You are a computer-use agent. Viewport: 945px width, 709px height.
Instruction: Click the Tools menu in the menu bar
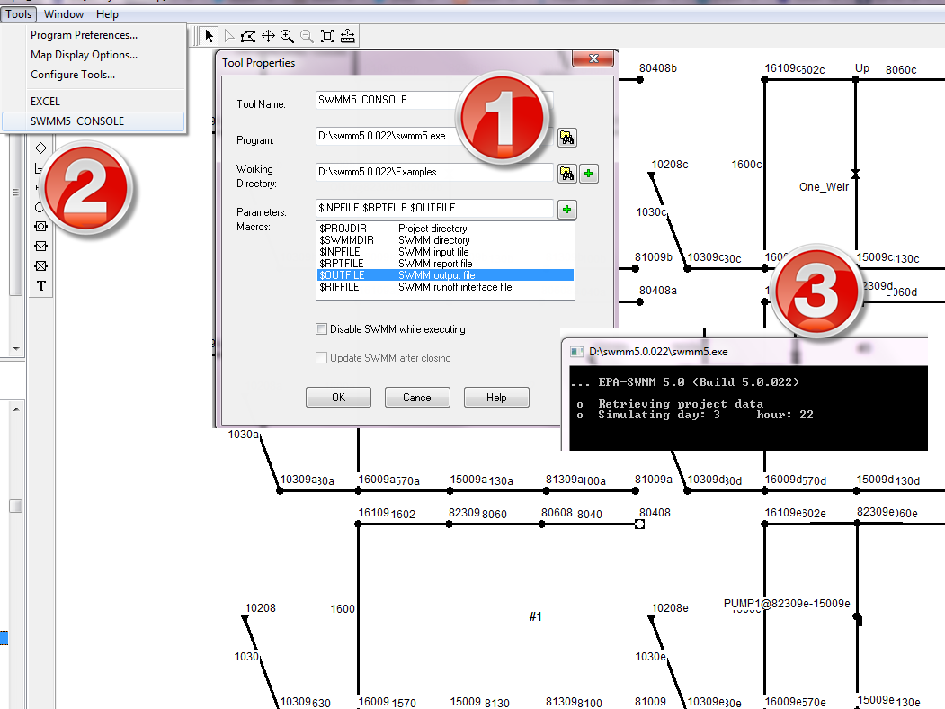[x=19, y=14]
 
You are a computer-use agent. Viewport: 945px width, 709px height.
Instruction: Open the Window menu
[x=63, y=14]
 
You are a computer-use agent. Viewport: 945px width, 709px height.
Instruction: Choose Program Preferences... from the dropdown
[x=84, y=35]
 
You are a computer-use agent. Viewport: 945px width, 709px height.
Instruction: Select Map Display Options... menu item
[x=84, y=55]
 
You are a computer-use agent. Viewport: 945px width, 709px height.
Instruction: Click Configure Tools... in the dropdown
[x=73, y=75]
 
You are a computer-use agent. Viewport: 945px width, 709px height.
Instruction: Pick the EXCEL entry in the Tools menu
[x=45, y=102]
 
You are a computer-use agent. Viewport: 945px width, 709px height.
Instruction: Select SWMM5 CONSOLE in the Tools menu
[x=77, y=121]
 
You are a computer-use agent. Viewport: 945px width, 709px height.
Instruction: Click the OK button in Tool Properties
[x=338, y=398]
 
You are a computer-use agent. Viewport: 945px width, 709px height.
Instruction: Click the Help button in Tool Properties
[x=496, y=398]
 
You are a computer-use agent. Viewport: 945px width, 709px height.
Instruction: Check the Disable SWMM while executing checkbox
[x=322, y=329]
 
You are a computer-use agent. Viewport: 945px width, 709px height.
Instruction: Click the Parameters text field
[x=434, y=208]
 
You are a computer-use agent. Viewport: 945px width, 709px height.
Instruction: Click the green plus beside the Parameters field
[x=567, y=210]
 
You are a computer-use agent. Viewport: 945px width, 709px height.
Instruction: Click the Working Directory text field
[x=434, y=172]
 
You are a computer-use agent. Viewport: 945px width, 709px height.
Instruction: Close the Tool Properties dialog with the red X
[x=593, y=59]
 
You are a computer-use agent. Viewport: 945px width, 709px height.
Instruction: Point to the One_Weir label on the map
[x=824, y=187]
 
